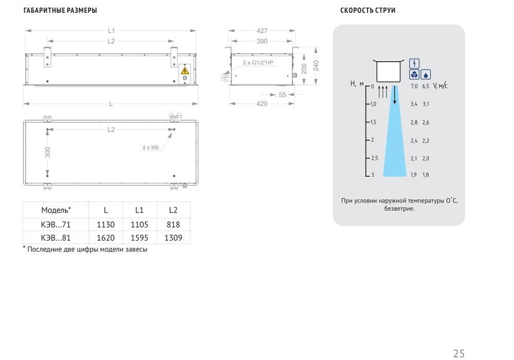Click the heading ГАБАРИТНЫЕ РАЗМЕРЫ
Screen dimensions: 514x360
60,10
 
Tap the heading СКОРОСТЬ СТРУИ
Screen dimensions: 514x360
368,10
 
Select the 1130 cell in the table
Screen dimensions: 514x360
105,225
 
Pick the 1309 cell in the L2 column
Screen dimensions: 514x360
173,238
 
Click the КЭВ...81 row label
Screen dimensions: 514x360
56,238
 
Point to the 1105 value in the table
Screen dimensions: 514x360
139,225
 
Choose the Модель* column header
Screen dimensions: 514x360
56,210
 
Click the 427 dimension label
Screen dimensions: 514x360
262,31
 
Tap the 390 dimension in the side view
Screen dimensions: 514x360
262,41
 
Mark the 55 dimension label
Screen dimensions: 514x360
282,95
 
